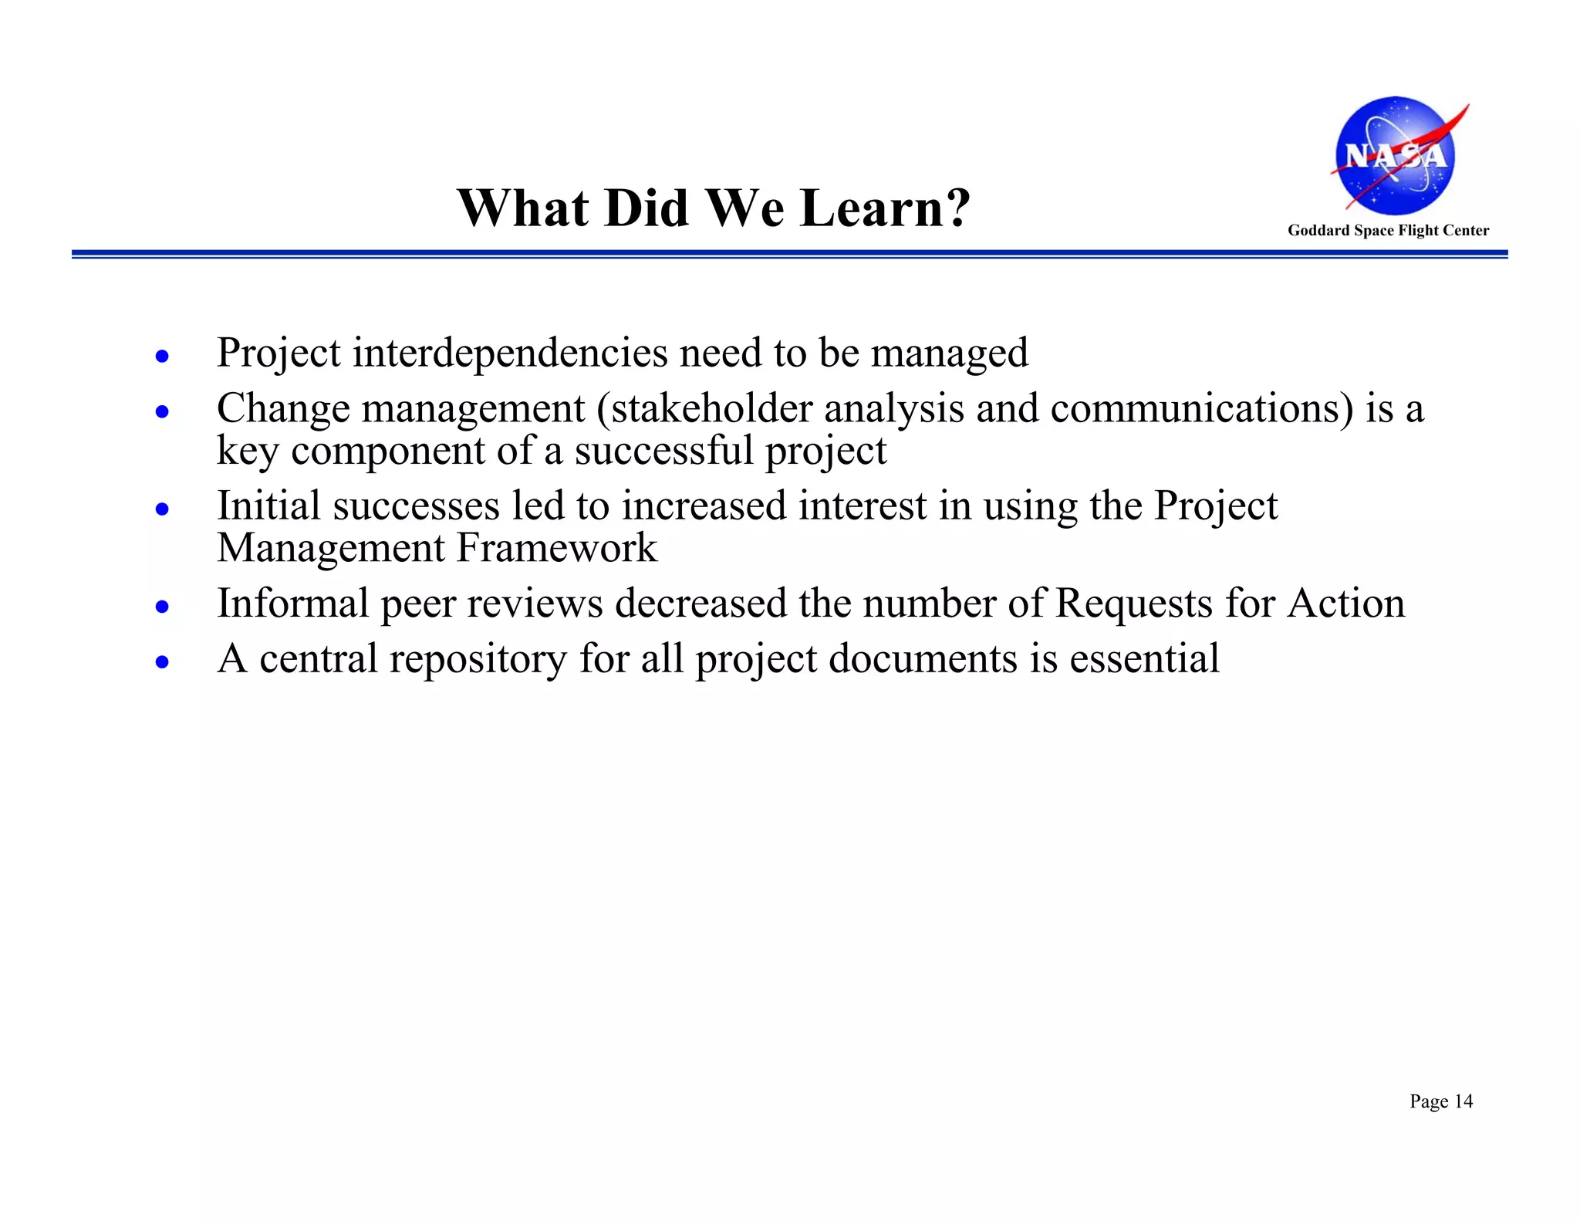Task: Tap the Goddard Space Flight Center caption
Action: [x=1388, y=230]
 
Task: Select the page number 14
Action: [x=1463, y=1101]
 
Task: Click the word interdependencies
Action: [x=510, y=353]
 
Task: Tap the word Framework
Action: [x=556, y=548]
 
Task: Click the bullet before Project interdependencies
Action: [x=162, y=357]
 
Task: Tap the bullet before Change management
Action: [x=162, y=412]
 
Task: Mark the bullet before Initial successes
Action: [x=162, y=509]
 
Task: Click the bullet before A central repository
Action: [x=162, y=662]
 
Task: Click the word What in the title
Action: [x=525, y=208]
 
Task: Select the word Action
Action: [x=1345, y=603]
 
